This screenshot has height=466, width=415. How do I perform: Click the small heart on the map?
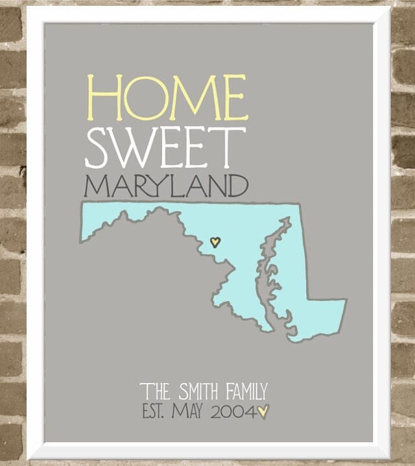[x=216, y=242]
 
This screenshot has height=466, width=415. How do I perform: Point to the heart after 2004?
[x=263, y=411]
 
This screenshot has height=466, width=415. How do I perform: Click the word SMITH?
[x=198, y=391]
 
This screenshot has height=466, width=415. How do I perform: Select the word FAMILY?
[x=246, y=391]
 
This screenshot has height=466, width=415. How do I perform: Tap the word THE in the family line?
[x=156, y=391]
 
